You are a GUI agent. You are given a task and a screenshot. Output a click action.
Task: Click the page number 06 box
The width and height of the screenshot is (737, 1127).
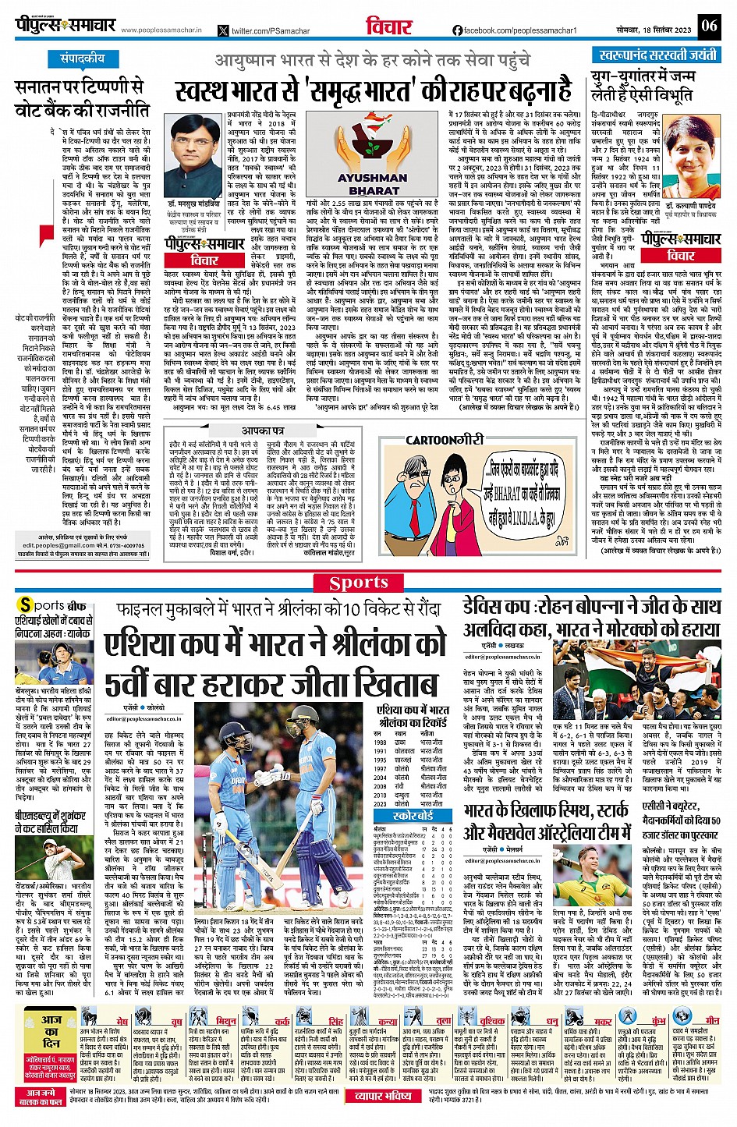708,26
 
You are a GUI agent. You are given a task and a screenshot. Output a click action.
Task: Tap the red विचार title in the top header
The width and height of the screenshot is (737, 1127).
389,27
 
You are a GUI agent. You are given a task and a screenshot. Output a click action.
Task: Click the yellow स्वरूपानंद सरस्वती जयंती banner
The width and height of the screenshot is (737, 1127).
658,55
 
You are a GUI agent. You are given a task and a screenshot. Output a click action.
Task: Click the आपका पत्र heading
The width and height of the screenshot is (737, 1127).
263,431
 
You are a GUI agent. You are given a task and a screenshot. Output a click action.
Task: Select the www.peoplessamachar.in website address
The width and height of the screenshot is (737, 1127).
161,30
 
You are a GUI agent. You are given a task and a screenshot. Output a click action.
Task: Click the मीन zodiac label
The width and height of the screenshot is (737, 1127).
711,1020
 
